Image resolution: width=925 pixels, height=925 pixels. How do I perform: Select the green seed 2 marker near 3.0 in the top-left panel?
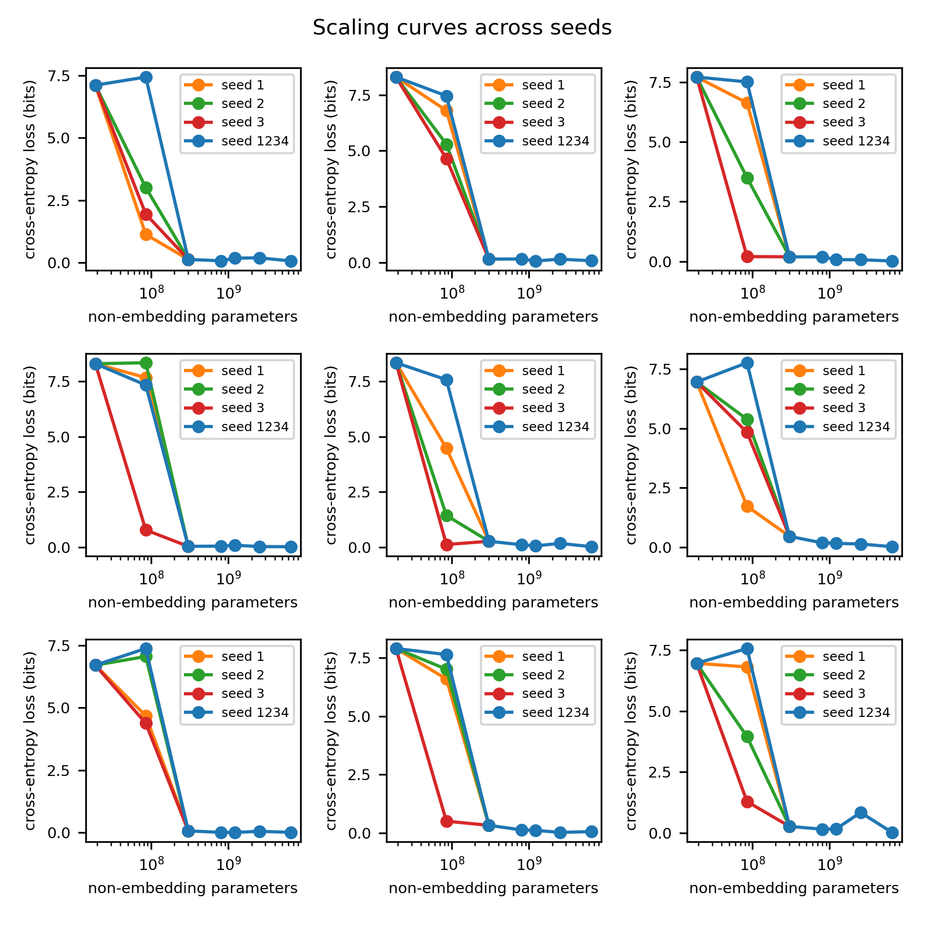pyautogui.click(x=146, y=188)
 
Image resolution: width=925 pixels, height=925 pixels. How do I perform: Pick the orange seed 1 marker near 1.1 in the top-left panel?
pyautogui.click(x=146, y=235)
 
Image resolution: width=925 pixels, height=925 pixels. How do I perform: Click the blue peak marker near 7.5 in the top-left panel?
pyautogui.click(x=146, y=77)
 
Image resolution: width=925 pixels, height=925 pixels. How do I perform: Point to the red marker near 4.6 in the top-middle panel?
pyautogui.click(x=447, y=159)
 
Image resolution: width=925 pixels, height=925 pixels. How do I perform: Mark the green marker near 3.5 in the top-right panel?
pyautogui.click(x=747, y=178)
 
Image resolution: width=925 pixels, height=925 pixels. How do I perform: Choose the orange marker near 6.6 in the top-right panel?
pyautogui.click(x=747, y=103)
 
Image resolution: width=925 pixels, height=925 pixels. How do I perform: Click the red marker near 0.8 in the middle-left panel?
pyautogui.click(x=146, y=530)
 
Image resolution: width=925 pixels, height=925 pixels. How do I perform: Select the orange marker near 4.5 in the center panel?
pyautogui.click(x=447, y=449)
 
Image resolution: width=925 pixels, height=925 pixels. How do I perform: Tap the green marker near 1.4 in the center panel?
pyautogui.click(x=447, y=515)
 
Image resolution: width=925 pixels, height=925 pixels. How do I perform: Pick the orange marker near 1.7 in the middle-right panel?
pyautogui.click(x=747, y=507)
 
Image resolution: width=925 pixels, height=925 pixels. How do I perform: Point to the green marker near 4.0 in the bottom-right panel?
pyautogui.click(x=747, y=736)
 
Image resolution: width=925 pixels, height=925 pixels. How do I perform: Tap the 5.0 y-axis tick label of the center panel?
pyautogui.click(x=359, y=437)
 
